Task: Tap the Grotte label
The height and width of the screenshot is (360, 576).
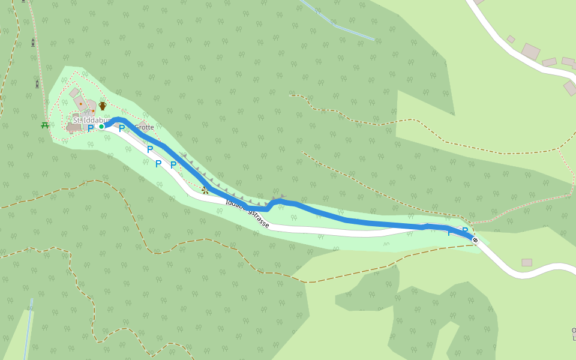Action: [x=144, y=127]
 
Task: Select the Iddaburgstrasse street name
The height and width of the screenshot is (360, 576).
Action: [x=247, y=213]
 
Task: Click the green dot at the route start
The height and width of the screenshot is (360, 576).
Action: [x=101, y=126]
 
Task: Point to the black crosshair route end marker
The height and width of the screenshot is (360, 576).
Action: [x=475, y=241]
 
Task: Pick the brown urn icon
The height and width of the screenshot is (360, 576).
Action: [x=103, y=106]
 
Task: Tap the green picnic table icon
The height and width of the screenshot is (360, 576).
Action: [x=45, y=125]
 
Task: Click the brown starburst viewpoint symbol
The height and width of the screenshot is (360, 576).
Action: [x=205, y=190]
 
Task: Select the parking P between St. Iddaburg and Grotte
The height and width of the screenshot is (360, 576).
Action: [x=122, y=128]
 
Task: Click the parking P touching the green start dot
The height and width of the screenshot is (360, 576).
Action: [x=91, y=128]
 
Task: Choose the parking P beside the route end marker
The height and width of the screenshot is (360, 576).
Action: [x=464, y=231]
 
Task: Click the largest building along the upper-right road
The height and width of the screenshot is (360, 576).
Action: [x=530, y=52]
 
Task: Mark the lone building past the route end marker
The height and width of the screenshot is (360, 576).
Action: [x=527, y=262]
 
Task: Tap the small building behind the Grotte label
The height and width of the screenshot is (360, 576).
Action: [x=142, y=125]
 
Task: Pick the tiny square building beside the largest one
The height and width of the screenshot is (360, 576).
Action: [x=511, y=39]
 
